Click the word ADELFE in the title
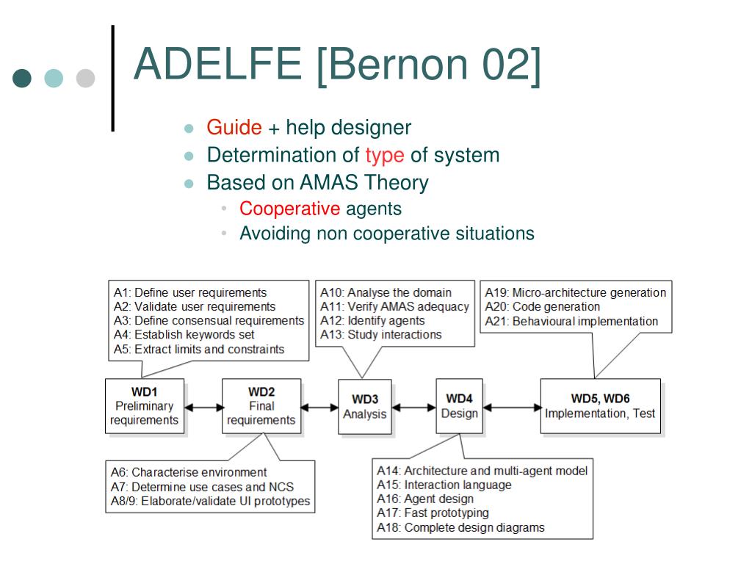[218, 64]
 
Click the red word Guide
[234, 128]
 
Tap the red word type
[385, 156]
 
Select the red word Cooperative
[289, 209]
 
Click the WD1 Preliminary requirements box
[145, 407]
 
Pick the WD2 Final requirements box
[261, 407]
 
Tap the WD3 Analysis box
[364, 407]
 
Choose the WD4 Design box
[460, 406]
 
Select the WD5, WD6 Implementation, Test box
[600, 406]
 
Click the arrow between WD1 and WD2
[203, 408]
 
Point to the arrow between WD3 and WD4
[413, 408]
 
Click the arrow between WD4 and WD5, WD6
[512, 408]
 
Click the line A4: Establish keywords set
[184, 335]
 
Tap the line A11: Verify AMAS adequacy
[394, 307]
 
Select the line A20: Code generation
[542, 307]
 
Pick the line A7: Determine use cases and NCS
[202, 488]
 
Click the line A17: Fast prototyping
[433, 513]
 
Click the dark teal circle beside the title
[22, 78]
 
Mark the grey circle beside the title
[85, 78]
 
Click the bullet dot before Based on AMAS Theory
[189, 184]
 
